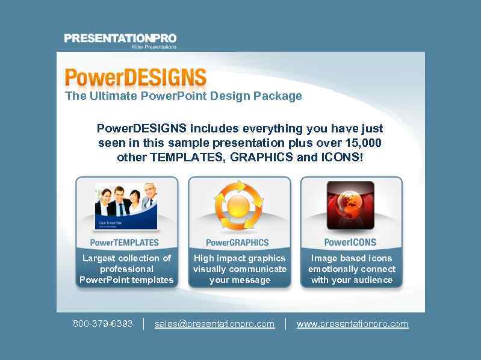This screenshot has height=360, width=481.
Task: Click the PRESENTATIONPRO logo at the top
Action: pos(120,38)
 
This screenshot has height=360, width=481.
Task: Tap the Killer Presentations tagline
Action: pos(154,47)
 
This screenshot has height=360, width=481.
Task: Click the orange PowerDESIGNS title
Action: pos(135,78)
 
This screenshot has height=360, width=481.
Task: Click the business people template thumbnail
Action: pos(126,206)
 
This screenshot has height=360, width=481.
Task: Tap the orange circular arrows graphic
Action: pos(239,206)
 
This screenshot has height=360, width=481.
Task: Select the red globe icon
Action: pos(350,206)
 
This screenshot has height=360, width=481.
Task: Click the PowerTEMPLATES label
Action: pos(125,243)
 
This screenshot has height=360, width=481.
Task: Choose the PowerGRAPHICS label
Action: pos(237,243)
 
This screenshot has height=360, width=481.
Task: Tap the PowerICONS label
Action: pos(350,243)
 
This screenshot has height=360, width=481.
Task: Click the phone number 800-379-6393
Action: pos(103,324)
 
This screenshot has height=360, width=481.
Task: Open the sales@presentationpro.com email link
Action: pos(214,324)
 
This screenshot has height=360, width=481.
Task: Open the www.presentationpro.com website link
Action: pos(352,324)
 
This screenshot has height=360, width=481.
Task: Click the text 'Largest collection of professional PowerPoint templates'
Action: pos(126,269)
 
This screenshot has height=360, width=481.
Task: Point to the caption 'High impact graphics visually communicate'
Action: pos(240,264)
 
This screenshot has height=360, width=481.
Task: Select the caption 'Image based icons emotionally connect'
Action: pos(352,264)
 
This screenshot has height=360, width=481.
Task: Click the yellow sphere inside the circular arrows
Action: pos(239,207)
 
